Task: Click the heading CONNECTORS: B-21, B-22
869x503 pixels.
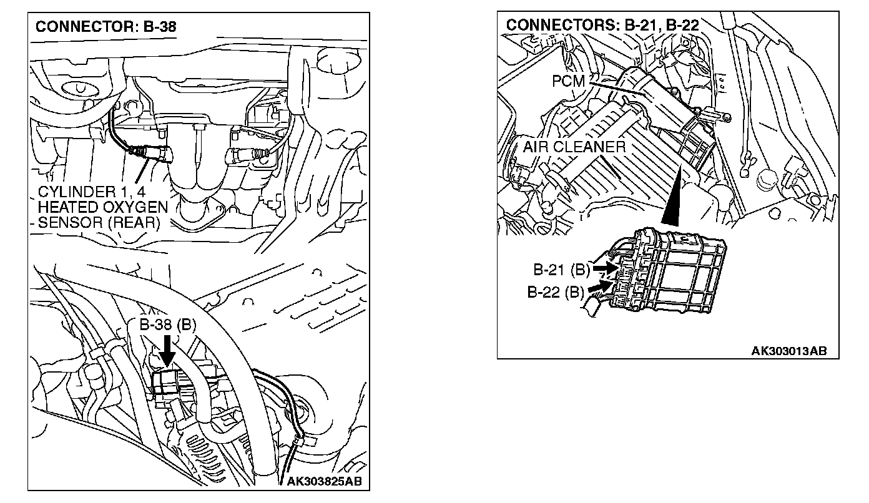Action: click(602, 25)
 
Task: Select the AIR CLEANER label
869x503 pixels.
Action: click(574, 147)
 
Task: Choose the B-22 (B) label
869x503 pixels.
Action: click(556, 291)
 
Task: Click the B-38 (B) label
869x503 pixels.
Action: click(166, 325)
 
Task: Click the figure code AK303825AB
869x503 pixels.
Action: click(324, 481)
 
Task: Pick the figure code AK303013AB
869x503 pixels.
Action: click(788, 351)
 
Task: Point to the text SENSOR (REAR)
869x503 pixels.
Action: click(99, 222)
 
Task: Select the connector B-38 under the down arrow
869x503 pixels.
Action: click(165, 381)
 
